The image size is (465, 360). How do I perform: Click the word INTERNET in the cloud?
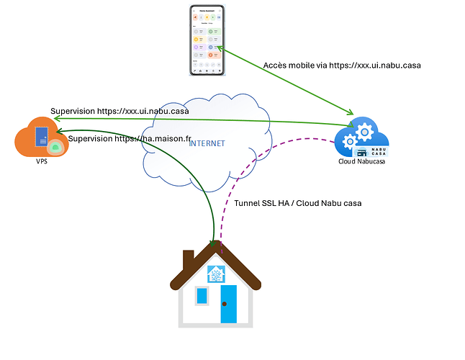207,143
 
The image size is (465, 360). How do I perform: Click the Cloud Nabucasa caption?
363,161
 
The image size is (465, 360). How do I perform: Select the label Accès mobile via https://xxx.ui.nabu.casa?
341,66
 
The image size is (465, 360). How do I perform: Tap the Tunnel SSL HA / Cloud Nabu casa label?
297,203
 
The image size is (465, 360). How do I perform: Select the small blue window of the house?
202,295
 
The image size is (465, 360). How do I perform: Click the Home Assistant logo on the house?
217,274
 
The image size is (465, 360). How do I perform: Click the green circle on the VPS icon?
55,147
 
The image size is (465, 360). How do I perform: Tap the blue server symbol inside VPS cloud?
42,137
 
